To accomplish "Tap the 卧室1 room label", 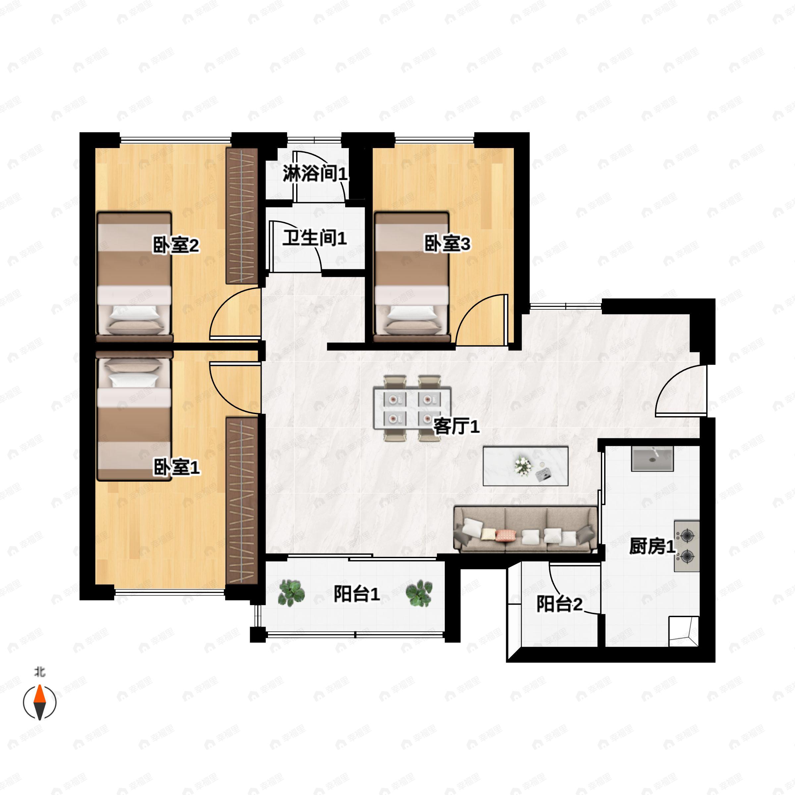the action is (177, 467).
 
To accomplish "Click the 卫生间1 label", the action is (314, 238).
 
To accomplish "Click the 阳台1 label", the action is (356, 594).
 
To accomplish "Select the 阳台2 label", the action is (559, 604).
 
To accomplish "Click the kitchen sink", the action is (652, 459).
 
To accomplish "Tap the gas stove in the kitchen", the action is (686, 546).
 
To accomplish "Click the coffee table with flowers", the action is (525, 466).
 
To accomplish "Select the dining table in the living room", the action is (412, 408).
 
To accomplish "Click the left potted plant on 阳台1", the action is (291, 593).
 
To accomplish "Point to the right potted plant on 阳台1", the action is (419, 593).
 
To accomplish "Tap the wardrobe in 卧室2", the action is (242, 216).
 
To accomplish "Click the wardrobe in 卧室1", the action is (242, 501).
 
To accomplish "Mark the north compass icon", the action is (39, 702).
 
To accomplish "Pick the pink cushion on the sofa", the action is (506, 535).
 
